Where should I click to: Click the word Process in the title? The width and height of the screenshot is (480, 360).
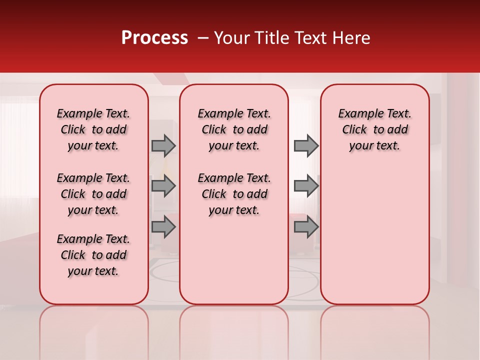[154, 38]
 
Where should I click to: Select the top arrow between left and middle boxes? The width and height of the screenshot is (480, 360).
[163, 145]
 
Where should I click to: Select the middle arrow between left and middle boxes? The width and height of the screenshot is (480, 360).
[163, 186]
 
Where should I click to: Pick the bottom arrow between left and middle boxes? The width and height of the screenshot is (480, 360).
[163, 227]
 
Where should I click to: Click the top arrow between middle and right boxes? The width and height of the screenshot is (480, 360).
[306, 145]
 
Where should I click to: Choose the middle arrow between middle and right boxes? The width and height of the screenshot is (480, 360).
[306, 186]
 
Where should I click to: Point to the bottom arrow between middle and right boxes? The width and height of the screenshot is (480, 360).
[306, 227]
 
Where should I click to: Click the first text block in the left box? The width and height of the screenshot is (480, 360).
[93, 129]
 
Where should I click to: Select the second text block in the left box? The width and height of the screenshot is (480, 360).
[93, 194]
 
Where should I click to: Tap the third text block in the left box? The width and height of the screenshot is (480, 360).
[93, 255]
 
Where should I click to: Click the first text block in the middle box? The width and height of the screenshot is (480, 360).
[234, 129]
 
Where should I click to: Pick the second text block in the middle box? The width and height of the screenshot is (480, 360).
[234, 194]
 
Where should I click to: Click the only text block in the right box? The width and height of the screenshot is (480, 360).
[374, 129]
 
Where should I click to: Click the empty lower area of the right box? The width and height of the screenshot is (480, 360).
[374, 235]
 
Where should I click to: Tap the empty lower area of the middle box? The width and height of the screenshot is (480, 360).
[234, 260]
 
